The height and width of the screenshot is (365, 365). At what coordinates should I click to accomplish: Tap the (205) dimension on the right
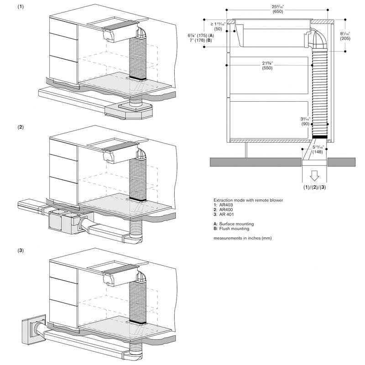click(x=345, y=39)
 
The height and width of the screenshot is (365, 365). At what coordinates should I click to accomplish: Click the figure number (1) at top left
click(x=21, y=7)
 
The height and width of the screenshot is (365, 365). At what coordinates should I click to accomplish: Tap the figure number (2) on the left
click(x=21, y=127)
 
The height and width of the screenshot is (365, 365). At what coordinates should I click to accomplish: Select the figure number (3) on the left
click(x=21, y=250)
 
